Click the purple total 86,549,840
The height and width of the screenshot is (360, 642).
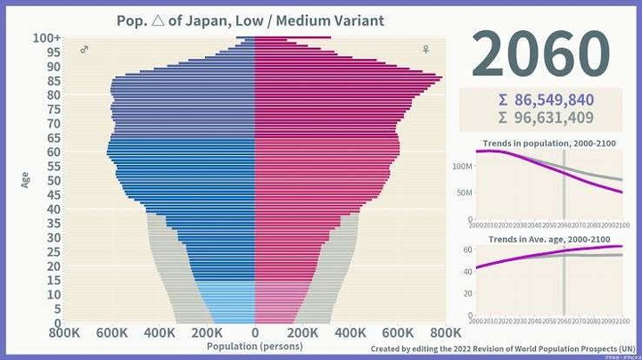pos(548,100)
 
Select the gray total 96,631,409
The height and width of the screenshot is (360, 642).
pos(548,117)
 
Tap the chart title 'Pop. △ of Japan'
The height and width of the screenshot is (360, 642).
pos(251,20)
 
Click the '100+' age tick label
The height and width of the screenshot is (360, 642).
pos(46,38)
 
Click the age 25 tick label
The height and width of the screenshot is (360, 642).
pos(53,252)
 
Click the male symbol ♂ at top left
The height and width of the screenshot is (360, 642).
pos(84,50)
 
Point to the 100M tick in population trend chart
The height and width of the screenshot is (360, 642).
pos(462,167)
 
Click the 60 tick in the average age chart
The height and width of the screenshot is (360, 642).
pos(465,250)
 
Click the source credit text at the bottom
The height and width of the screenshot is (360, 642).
pos(503,348)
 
